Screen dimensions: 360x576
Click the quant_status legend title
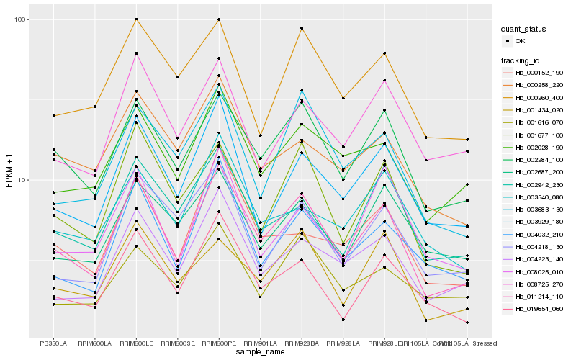(524, 29)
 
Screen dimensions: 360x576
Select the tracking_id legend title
(522, 60)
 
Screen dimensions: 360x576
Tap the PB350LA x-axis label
(53, 344)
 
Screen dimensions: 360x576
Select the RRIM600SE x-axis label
(177, 344)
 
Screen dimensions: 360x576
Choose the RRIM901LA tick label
(260, 344)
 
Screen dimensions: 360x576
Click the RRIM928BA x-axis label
(302, 344)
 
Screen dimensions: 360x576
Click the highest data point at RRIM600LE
(136, 19)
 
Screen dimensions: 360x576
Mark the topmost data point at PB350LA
(53, 116)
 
